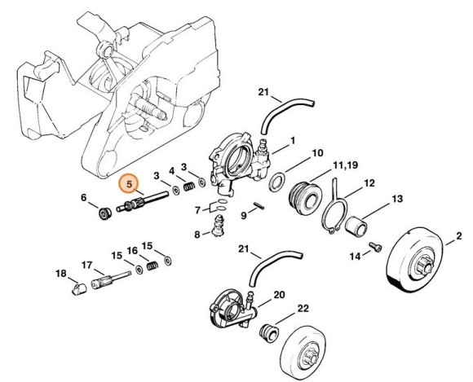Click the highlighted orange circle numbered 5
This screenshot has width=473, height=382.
(x=129, y=183)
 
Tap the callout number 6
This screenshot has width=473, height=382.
(x=83, y=198)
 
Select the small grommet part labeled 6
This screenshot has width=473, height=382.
(x=105, y=214)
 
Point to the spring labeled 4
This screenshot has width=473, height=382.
(x=189, y=187)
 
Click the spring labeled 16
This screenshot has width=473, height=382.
(x=153, y=266)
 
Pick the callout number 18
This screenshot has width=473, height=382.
(x=60, y=274)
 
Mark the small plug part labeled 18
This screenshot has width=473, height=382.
(x=79, y=288)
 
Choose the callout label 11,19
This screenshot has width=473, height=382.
(x=346, y=165)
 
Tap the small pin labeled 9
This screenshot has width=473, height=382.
(x=259, y=205)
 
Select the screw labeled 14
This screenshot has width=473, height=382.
(x=375, y=247)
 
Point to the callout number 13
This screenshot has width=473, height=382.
(x=397, y=199)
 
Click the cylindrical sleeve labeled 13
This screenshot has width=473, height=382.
(x=356, y=226)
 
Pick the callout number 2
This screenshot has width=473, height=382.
(x=458, y=235)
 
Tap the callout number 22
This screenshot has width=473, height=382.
(x=303, y=308)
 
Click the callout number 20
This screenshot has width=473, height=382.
(x=279, y=294)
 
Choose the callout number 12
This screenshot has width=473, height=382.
(x=369, y=183)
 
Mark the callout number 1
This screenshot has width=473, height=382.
(x=293, y=140)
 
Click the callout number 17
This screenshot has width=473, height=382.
(x=87, y=265)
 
